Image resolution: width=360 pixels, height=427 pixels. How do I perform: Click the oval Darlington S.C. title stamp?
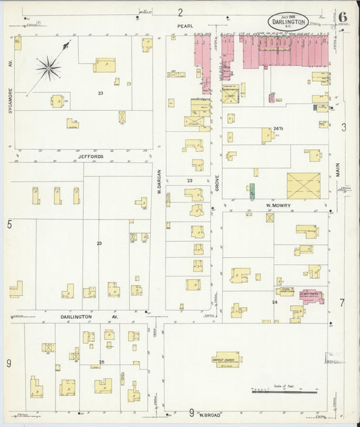[288, 21]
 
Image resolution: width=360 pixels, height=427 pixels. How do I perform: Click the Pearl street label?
[185, 26]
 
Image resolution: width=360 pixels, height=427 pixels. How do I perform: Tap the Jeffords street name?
[90, 156]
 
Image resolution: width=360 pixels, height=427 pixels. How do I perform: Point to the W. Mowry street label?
[278, 203]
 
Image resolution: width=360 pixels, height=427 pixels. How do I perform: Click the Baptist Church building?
[227, 360]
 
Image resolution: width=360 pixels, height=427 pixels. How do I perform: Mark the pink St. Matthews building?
[311, 295]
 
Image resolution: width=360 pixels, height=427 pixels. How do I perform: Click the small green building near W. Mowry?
[252, 191]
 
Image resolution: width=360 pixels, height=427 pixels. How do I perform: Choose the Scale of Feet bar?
[284, 391]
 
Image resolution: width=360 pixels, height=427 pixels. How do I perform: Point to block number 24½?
[278, 128]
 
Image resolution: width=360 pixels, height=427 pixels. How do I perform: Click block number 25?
[102, 362]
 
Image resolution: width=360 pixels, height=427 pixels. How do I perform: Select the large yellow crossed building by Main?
[303, 186]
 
